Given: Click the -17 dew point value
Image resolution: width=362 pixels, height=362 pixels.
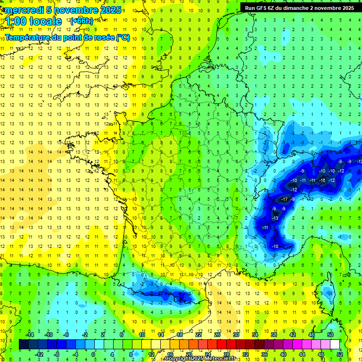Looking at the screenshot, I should click(284, 199).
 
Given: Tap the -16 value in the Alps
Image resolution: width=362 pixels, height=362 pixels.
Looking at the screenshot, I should click(322, 181).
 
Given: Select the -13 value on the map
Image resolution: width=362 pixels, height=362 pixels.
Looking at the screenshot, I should click(274, 218).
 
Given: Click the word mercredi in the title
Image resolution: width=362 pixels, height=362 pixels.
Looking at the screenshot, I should click(23, 10).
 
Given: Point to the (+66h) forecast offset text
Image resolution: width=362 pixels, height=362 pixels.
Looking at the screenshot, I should click(82, 21).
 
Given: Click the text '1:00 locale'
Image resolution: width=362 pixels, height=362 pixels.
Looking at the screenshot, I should click(33, 22).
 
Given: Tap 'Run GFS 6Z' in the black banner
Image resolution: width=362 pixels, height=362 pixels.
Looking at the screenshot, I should click(261, 8).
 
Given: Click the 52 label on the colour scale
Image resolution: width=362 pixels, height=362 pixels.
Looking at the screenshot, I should click(340, 354).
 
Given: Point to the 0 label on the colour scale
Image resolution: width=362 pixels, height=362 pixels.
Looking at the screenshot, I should click(93, 354).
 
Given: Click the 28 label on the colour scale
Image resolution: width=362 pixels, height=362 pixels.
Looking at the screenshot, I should click(226, 354).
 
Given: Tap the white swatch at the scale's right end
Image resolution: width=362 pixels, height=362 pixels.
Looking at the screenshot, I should click(335, 345).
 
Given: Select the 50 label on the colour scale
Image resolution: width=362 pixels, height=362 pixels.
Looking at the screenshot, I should click(330, 334).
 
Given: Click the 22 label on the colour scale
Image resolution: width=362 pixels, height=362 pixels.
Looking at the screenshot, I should click(198, 334).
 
